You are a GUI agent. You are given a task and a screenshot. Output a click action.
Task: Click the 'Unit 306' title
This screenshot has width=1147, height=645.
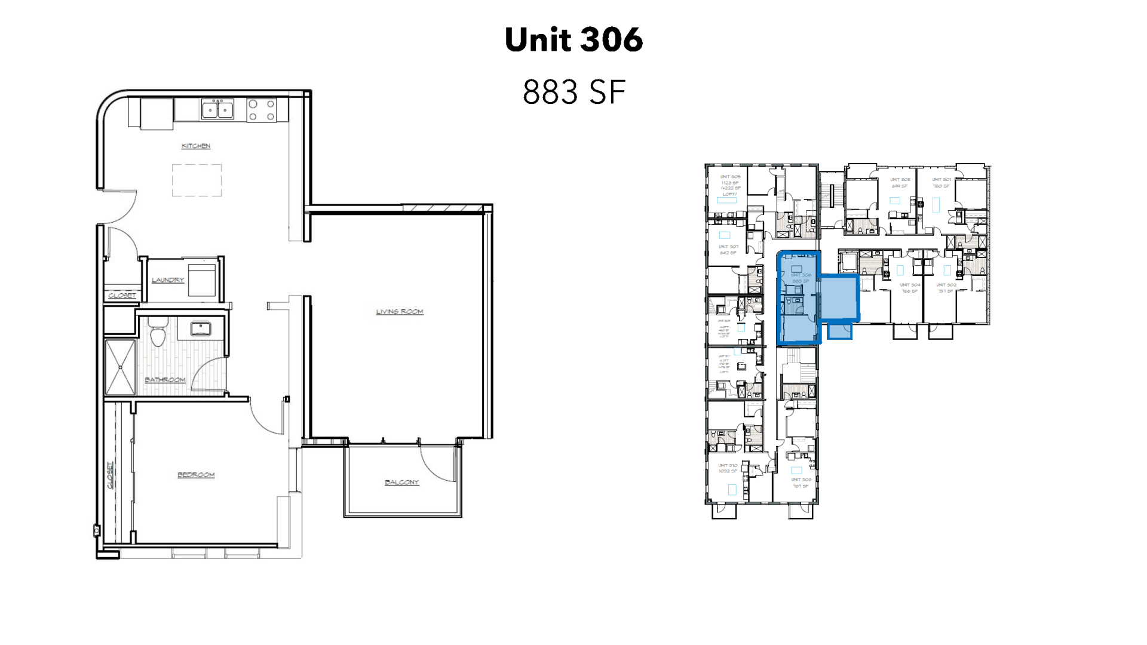(573, 39)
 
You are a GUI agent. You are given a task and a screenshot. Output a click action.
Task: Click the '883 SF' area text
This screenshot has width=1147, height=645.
(573, 92)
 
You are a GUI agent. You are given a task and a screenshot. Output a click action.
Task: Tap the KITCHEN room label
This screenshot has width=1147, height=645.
(196, 146)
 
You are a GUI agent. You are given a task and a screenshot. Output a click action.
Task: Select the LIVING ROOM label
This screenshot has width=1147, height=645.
(400, 311)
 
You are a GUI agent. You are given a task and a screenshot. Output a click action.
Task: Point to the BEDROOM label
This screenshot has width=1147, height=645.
(196, 475)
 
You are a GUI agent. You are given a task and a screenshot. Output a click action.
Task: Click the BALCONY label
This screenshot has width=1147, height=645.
(402, 482)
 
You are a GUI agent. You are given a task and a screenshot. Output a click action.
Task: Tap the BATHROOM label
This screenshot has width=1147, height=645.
(165, 380)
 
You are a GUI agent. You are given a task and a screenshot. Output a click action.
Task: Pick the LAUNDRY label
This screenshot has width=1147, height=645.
(168, 279)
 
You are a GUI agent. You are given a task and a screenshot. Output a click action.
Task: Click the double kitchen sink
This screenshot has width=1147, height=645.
(217, 109)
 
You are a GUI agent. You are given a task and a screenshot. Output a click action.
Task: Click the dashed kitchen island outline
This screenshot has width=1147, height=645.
(197, 180)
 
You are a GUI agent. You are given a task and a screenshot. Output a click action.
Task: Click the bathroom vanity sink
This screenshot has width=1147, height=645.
(201, 328)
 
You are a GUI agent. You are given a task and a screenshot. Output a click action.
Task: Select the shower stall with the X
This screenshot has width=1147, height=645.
(120, 367)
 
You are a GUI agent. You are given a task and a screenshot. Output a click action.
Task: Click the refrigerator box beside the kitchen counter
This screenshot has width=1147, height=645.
(157, 114)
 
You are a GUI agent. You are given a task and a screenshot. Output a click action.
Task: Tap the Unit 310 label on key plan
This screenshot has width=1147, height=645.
(728, 468)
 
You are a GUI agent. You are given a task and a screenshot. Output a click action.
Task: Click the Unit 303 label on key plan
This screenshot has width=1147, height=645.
(900, 182)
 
